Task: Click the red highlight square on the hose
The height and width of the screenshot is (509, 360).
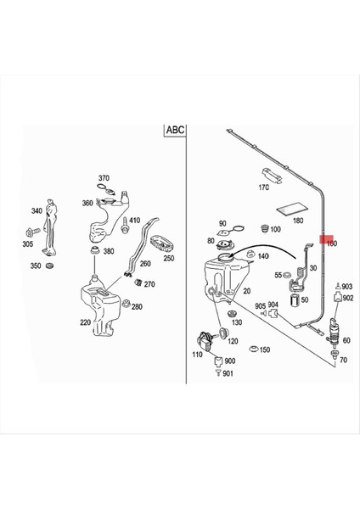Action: point(323,241)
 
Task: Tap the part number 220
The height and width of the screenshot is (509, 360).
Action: point(85,322)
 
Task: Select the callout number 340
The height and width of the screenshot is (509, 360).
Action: point(37,211)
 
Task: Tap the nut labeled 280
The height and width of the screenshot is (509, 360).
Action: point(126,305)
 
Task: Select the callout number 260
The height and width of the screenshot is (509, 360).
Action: point(145,264)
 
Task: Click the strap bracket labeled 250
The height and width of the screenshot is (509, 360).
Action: point(160,243)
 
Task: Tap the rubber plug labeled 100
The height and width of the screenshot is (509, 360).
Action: point(263,227)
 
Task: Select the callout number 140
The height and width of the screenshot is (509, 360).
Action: point(263,256)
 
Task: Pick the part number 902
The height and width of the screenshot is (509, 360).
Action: point(347,298)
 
